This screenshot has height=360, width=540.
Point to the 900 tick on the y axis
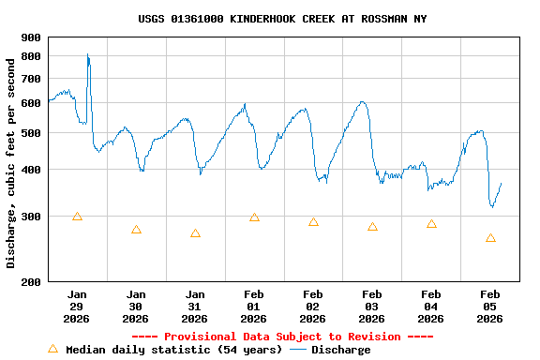(x=31, y=37)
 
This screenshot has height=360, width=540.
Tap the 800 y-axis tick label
(x=31, y=56)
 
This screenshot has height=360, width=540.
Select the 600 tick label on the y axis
(x=31, y=102)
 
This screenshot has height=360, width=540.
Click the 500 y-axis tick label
(x=31, y=133)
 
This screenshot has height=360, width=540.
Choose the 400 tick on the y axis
(x=31, y=170)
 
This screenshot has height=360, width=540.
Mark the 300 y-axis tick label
(x=31, y=217)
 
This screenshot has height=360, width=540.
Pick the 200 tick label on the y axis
(x=31, y=282)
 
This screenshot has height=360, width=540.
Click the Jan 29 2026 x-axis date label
(x=77, y=306)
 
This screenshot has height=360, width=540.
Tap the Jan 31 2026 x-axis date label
(x=195, y=306)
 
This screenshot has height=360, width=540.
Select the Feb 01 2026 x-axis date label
(x=253, y=306)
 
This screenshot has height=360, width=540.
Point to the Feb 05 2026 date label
(x=489, y=306)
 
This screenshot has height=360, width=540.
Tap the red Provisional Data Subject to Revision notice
(x=282, y=337)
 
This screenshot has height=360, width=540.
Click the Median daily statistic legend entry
(x=165, y=350)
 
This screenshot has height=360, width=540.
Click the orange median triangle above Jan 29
(x=77, y=217)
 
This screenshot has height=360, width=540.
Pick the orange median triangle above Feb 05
(x=490, y=238)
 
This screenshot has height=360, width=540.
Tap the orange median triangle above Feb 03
(x=372, y=227)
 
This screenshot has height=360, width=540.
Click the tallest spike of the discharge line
(x=87, y=55)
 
